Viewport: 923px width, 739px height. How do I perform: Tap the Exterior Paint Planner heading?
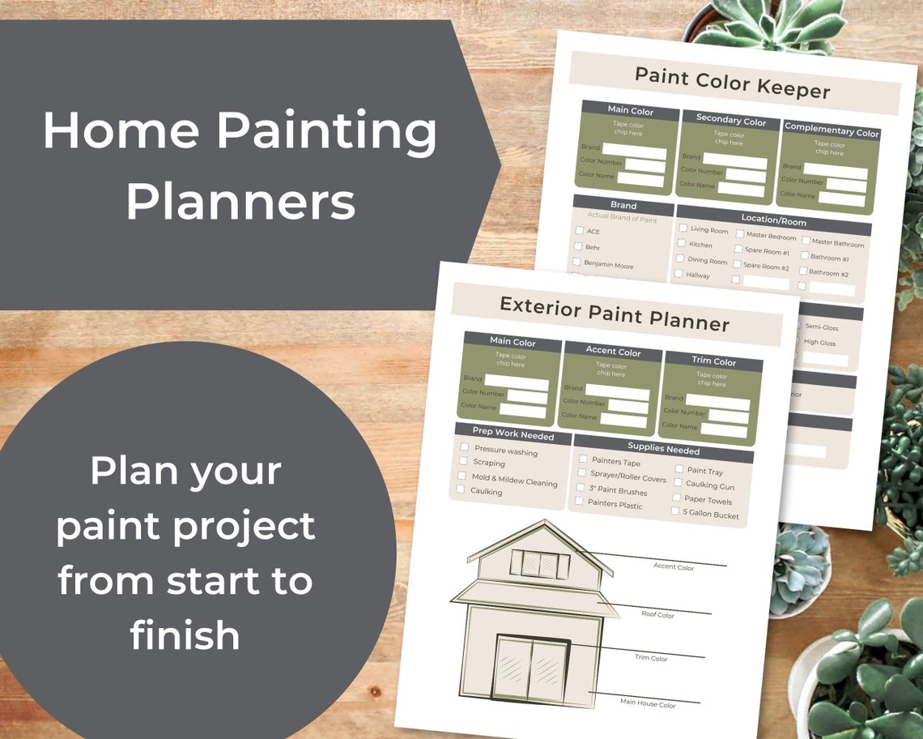click(615, 314)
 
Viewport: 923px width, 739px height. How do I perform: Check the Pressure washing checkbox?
click(465, 446)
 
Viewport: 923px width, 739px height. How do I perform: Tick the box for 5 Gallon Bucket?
click(675, 511)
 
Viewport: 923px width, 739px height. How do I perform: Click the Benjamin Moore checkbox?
click(577, 262)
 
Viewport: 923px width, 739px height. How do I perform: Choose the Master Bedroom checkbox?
click(739, 233)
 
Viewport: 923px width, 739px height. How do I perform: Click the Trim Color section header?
click(713, 361)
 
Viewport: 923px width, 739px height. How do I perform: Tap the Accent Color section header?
click(613, 351)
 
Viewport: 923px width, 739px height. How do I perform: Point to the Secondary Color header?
click(730, 120)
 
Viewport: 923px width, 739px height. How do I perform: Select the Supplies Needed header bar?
click(663, 448)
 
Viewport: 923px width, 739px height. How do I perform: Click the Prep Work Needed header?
click(513, 435)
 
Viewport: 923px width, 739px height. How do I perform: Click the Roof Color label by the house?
click(657, 615)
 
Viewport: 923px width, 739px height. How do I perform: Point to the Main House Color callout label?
click(648, 704)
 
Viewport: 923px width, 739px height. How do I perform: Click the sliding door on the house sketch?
click(532, 669)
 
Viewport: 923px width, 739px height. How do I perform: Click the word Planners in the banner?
click(240, 203)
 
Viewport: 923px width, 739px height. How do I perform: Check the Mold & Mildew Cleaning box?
click(462, 476)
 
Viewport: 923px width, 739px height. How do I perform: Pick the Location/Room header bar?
click(773, 220)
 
